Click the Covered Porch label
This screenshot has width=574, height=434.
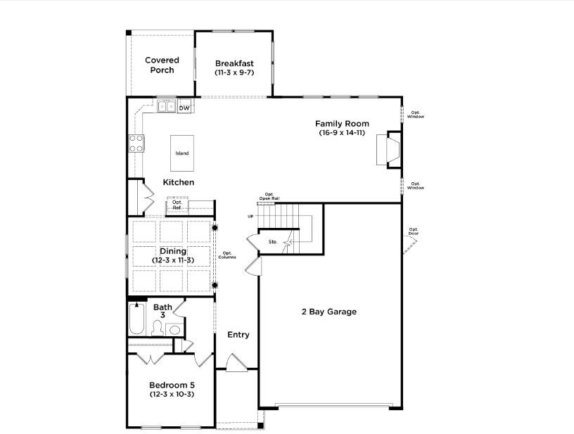(x=162, y=65)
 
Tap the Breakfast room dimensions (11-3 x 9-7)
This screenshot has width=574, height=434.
(x=234, y=72)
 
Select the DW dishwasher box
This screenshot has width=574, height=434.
(x=184, y=108)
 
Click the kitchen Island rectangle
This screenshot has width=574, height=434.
(x=182, y=153)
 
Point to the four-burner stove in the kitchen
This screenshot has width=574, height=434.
(x=136, y=143)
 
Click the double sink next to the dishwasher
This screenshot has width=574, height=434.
(x=166, y=107)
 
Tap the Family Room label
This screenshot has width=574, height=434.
(x=342, y=124)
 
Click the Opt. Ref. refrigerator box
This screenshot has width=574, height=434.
(x=177, y=205)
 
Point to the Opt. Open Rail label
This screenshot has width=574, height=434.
(x=269, y=196)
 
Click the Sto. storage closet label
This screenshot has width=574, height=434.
(x=273, y=242)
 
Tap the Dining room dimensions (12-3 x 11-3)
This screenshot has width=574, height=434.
(x=172, y=260)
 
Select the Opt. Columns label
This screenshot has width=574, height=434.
(x=227, y=255)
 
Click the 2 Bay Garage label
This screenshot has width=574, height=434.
(x=329, y=312)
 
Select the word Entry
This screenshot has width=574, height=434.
(x=238, y=335)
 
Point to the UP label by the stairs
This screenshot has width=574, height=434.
(x=250, y=217)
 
